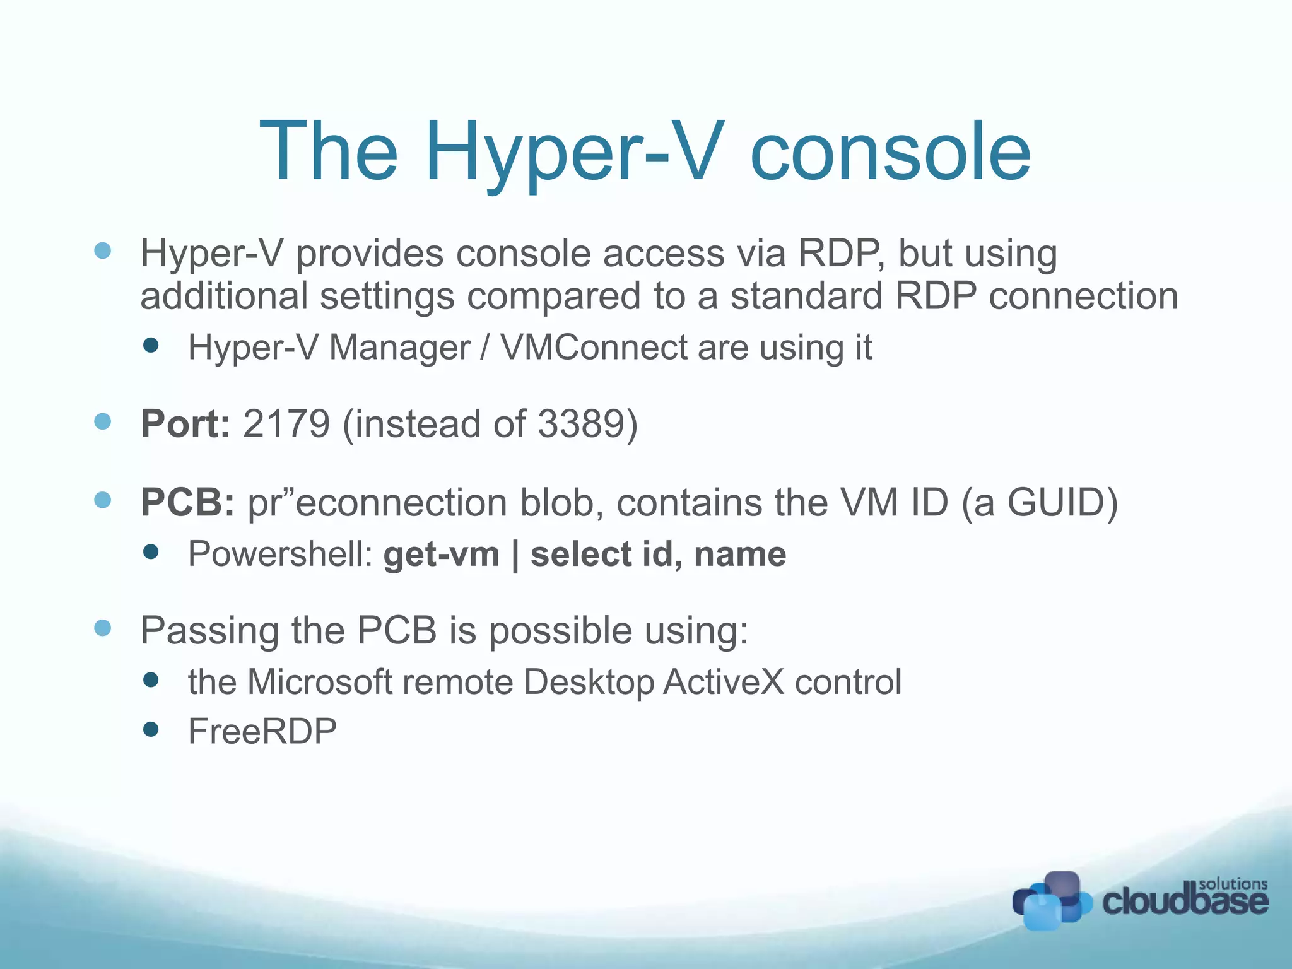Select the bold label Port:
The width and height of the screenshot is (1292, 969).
(x=185, y=423)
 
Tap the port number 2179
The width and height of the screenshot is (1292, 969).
(x=286, y=423)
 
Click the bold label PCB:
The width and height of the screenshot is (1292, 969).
(x=187, y=503)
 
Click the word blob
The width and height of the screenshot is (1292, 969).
(x=561, y=503)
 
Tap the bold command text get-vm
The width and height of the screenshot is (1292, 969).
(x=441, y=555)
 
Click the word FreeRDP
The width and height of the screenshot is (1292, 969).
(x=262, y=732)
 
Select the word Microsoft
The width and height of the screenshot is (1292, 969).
(x=320, y=682)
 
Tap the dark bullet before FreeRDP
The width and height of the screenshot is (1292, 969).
(x=151, y=730)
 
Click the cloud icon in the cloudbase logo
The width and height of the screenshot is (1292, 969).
(x=1050, y=901)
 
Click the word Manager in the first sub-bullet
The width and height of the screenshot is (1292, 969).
(x=399, y=348)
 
